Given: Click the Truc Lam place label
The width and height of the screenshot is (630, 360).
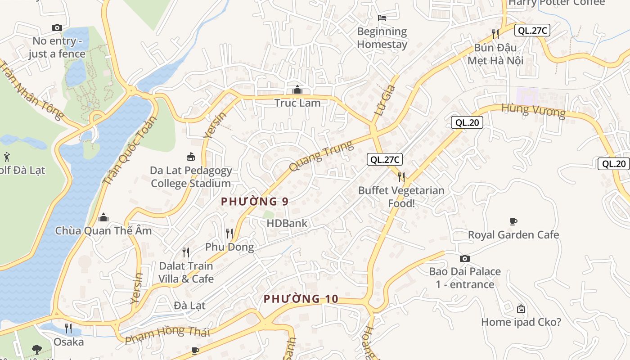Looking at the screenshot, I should (297, 103).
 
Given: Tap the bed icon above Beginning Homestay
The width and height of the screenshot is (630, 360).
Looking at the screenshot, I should (382, 18).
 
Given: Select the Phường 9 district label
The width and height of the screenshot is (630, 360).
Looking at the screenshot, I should (254, 202).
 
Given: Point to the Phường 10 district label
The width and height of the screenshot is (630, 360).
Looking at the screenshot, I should (301, 299).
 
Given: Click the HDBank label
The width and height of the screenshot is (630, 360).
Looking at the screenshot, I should (287, 223).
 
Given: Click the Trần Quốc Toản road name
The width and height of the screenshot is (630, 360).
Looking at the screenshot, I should (130, 151).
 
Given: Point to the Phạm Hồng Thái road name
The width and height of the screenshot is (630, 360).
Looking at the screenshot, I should (167, 333).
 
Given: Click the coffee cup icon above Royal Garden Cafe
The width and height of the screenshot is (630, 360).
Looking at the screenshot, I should (513, 221).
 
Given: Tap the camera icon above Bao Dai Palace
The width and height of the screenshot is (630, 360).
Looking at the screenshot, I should (465, 258).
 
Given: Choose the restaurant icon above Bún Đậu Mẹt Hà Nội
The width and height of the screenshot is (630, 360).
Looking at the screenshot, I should (495, 34).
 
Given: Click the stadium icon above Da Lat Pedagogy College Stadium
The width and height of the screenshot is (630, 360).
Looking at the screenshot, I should (191, 157).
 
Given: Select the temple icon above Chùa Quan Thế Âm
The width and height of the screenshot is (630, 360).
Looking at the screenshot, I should (103, 218).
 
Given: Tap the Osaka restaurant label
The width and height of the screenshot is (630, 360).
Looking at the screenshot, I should (68, 342).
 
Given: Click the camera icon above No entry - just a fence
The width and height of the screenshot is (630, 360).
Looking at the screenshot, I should (57, 28).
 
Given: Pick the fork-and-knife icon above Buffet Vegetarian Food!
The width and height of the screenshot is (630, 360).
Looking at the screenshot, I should (401, 177).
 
